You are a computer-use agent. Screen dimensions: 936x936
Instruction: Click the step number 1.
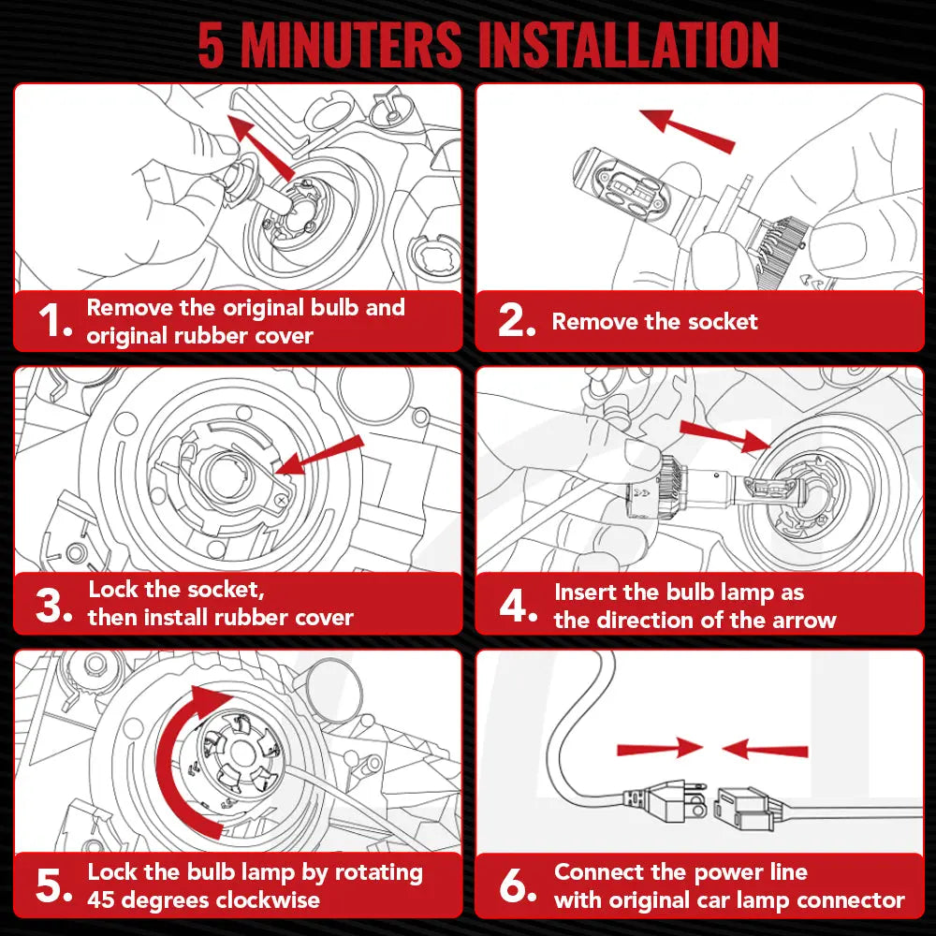coord(54,320)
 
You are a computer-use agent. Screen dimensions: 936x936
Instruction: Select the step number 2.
coord(517,320)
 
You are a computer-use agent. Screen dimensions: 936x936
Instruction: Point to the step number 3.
coord(53,605)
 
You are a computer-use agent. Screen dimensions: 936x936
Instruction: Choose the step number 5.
coord(53,885)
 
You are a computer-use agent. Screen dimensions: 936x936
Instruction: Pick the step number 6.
coord(518,885)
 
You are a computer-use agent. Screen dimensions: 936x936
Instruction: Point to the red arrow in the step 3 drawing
coord(320,455)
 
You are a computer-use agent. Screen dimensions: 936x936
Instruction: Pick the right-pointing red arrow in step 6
coord(660,749)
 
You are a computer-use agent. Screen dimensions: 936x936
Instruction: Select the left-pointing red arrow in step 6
coord(765,749)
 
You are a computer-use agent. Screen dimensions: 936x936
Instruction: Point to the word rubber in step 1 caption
coord(209,336)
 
